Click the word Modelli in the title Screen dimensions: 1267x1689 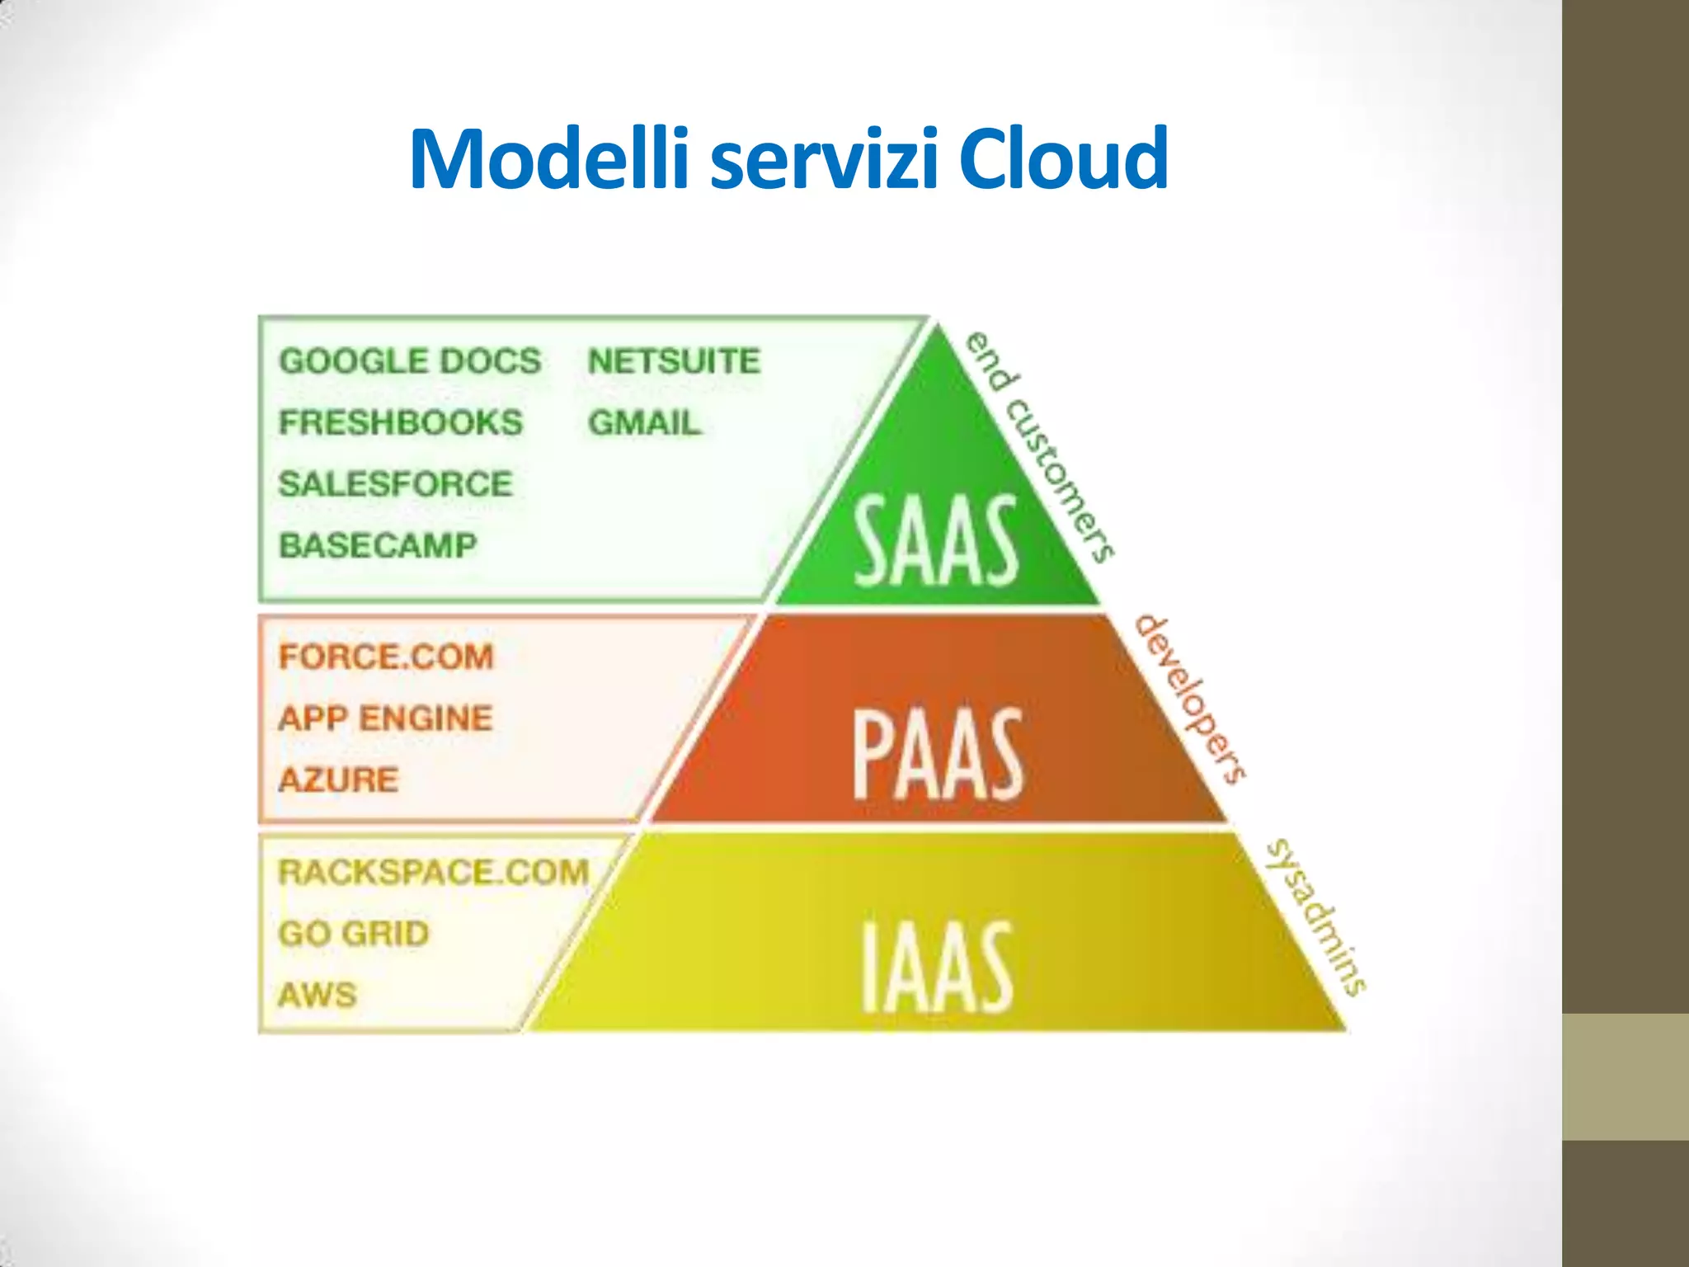click(x=548, y=158)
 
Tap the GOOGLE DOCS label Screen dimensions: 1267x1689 click(x=410, y=361)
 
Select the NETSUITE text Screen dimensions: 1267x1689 click(x=674, y=361)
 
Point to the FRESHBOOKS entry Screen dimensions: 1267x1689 click(x=401, y=422)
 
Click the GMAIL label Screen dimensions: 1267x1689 click(x=644, y=423)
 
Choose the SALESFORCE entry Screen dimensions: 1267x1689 click(x=396, y=484)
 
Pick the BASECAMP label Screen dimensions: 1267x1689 click(x=379, y=545)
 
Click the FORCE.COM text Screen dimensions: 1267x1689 click(x=386, y=657)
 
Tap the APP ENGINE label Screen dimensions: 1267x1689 click(x=385, y=718)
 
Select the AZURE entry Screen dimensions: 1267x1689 click(x=339, y=780)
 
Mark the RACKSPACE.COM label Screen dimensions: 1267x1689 click(x=434, y=873)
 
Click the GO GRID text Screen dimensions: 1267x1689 click(x=354, y=934)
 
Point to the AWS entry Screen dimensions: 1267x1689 click(x=318, y=995)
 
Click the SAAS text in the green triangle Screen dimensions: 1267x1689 click(x=937, y=542)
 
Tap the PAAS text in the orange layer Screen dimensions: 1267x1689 click(x=939, y=755)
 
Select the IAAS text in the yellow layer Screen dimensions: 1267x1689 click(x=937, y=967)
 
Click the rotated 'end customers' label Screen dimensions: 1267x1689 click(x=1041, y=446)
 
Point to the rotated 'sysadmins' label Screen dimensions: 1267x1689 click(x=1316, y=917)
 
